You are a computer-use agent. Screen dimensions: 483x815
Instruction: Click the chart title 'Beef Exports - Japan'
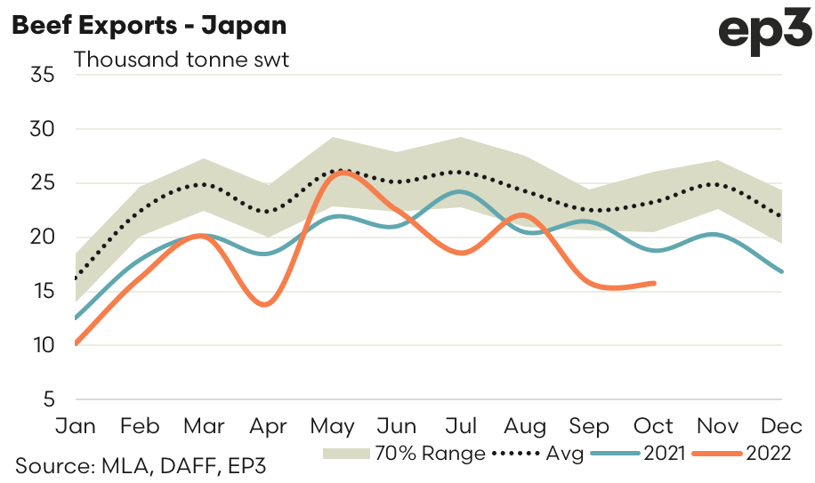click(x=149, y=25)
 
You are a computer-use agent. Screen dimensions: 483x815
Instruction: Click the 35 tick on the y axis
click(x=44, y=75)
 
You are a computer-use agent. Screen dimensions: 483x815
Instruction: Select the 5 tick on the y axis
click(x=50, y=399)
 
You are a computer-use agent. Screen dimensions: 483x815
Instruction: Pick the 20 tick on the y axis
click(x=44, y=237)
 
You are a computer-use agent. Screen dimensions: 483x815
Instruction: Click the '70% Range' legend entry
click(x=405, y=454)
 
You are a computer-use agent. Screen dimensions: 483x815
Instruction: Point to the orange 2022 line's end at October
click(x=655, y=283)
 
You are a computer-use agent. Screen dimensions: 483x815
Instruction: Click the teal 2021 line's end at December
click(x=782, y=271)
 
